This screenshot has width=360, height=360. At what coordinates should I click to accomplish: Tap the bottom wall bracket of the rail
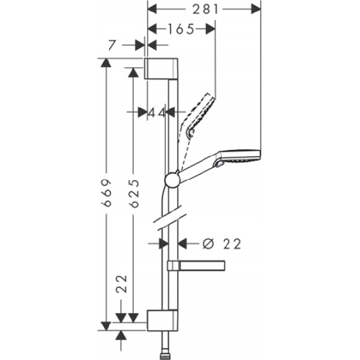click(x=162, y=320)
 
